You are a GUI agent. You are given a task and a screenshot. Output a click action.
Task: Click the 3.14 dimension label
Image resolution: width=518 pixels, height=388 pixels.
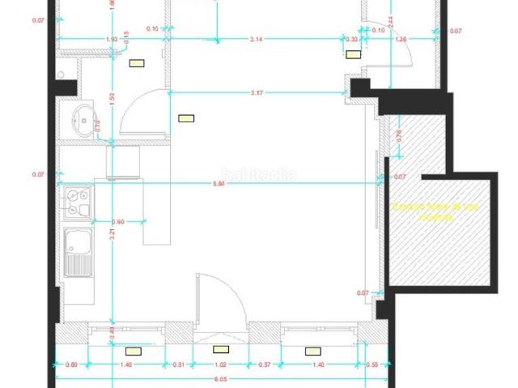click(258, 39)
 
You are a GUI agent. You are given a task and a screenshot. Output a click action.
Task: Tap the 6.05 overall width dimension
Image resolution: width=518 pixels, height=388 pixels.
click(219, 377)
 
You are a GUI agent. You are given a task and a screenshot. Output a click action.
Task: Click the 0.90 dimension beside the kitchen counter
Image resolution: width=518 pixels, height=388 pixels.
click(117, 222)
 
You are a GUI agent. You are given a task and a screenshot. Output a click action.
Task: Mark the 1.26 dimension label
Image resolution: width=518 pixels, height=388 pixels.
click(401, 39)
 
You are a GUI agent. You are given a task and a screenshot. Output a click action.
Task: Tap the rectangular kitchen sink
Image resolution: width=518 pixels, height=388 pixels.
click(79, 242)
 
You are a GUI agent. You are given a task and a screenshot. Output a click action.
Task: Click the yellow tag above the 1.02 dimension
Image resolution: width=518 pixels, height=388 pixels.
click(220, 350)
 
